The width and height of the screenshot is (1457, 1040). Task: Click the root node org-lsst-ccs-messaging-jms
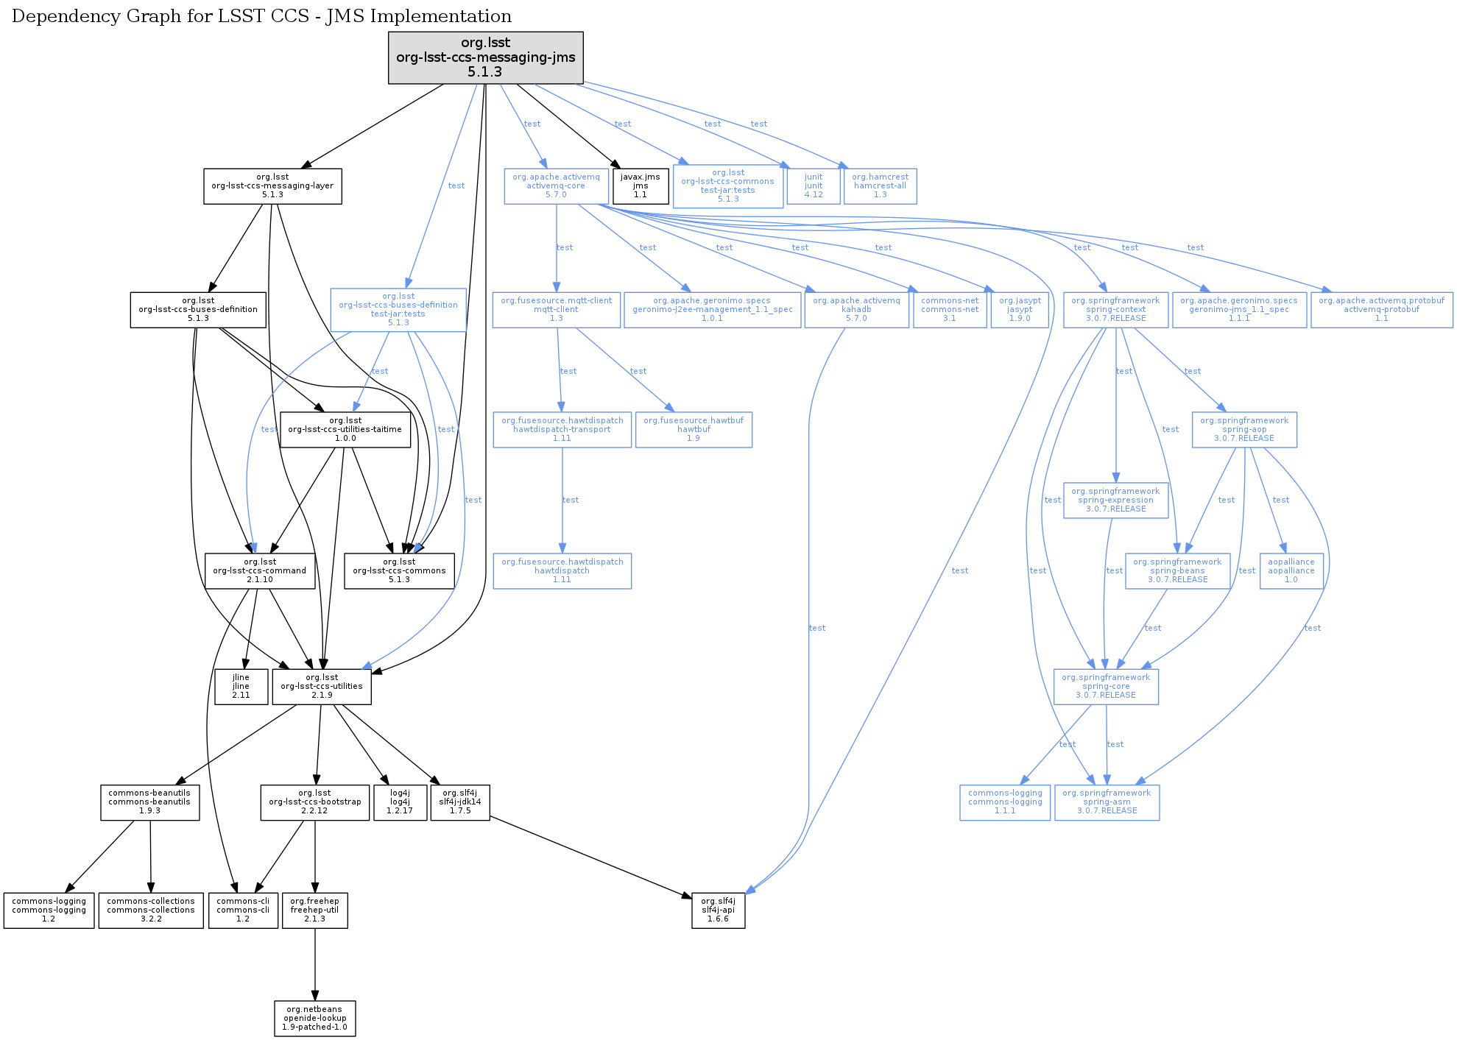pos(485,57)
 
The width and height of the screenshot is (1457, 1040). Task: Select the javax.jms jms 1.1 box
pos(641,186)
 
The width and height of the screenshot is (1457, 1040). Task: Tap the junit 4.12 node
pos(814,186)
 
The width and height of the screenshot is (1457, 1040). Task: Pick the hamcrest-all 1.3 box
pos(880,186)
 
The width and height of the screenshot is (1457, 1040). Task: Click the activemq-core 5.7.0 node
pos(556,186)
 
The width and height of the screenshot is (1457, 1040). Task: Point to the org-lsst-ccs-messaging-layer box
pos(272,186)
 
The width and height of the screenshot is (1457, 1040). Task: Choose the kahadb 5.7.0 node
pos(856,310)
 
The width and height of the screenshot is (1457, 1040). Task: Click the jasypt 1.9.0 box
pos(1020,310)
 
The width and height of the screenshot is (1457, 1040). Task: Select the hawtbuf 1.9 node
pos(694,430)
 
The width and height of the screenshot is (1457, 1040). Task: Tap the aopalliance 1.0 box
pos(1291,571)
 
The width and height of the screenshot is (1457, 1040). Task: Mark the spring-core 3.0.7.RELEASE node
pos(1106,687)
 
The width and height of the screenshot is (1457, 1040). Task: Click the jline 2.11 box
pos(241,687)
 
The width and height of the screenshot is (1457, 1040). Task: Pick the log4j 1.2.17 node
pos(400,802)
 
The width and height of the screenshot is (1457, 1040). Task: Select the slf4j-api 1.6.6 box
pos(718,910)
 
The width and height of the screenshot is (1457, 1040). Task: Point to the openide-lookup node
pos(315,1019)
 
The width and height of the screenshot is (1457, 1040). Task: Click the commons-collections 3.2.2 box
pos(151,910)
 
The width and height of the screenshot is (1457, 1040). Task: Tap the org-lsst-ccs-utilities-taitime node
pos(345,430)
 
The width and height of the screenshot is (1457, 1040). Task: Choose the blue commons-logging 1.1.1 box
pos(1005,802)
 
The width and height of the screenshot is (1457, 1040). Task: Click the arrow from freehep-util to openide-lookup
pos(315,964)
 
